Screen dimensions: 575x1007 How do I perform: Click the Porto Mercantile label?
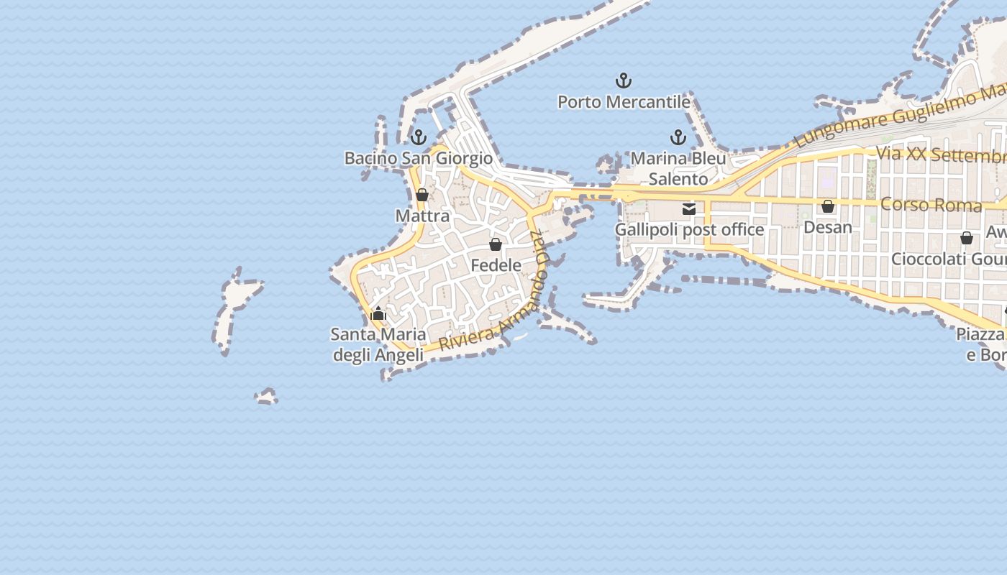pos(624,102)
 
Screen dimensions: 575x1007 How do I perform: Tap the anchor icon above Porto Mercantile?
pos(624,80)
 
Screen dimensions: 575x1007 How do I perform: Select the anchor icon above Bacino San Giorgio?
pos(419,137)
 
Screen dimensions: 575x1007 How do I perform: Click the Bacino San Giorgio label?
pos(419,158)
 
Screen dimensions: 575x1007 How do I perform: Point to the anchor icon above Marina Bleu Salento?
pos(678,137)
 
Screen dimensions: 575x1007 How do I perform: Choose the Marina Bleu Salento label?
pos(678,168)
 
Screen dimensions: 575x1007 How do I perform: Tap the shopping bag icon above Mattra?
pos(422,195)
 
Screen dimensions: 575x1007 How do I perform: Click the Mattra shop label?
pos(422,216)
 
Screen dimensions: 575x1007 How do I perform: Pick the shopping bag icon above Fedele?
pos(496,244)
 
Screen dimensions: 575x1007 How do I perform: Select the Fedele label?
pos(496,265)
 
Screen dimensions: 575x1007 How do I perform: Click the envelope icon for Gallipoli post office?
pos(689,209)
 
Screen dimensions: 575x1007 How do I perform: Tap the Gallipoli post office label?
pos(689,230)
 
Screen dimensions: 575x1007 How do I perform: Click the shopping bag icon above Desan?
pos(828,206)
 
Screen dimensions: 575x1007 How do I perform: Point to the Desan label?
pos(828,227)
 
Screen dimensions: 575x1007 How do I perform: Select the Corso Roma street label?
pos(931,205)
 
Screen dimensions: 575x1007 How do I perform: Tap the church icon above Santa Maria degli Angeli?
pos(378,313)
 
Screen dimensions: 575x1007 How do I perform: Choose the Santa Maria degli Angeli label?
pos(378,345)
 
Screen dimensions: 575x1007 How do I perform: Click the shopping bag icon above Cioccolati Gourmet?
pos(967,238)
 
